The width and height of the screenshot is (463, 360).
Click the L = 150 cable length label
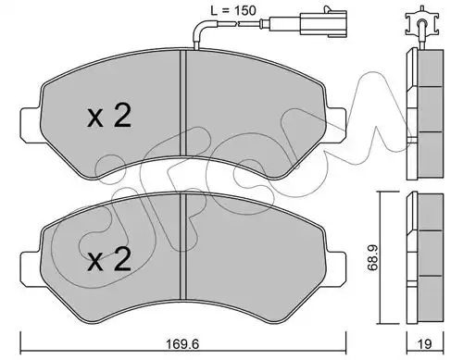(233, 10)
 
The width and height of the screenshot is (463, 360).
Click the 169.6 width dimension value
(183, 343)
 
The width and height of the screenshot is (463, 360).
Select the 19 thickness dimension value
(425, 343)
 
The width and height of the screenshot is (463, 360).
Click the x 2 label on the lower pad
(109, 260)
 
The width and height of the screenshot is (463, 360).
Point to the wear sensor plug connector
(323, 23)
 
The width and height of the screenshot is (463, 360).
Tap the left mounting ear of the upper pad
(31, 125)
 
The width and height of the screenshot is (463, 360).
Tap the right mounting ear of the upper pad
(335, 125)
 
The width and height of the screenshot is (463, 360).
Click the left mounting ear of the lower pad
(31, 269)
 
